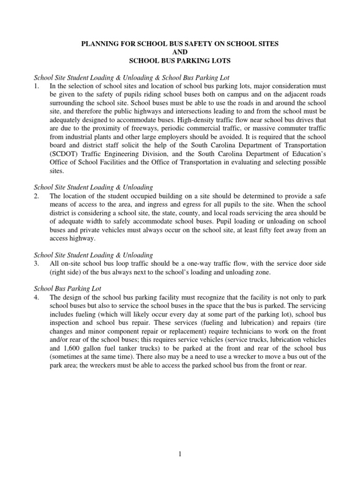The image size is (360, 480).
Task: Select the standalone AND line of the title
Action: click(x=180, y=52)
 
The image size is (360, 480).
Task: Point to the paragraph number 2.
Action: click(x=37, y=195)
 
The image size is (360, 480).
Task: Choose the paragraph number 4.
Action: click(x=37, y=298)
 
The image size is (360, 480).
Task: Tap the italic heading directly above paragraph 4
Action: click(x=67, y=289)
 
